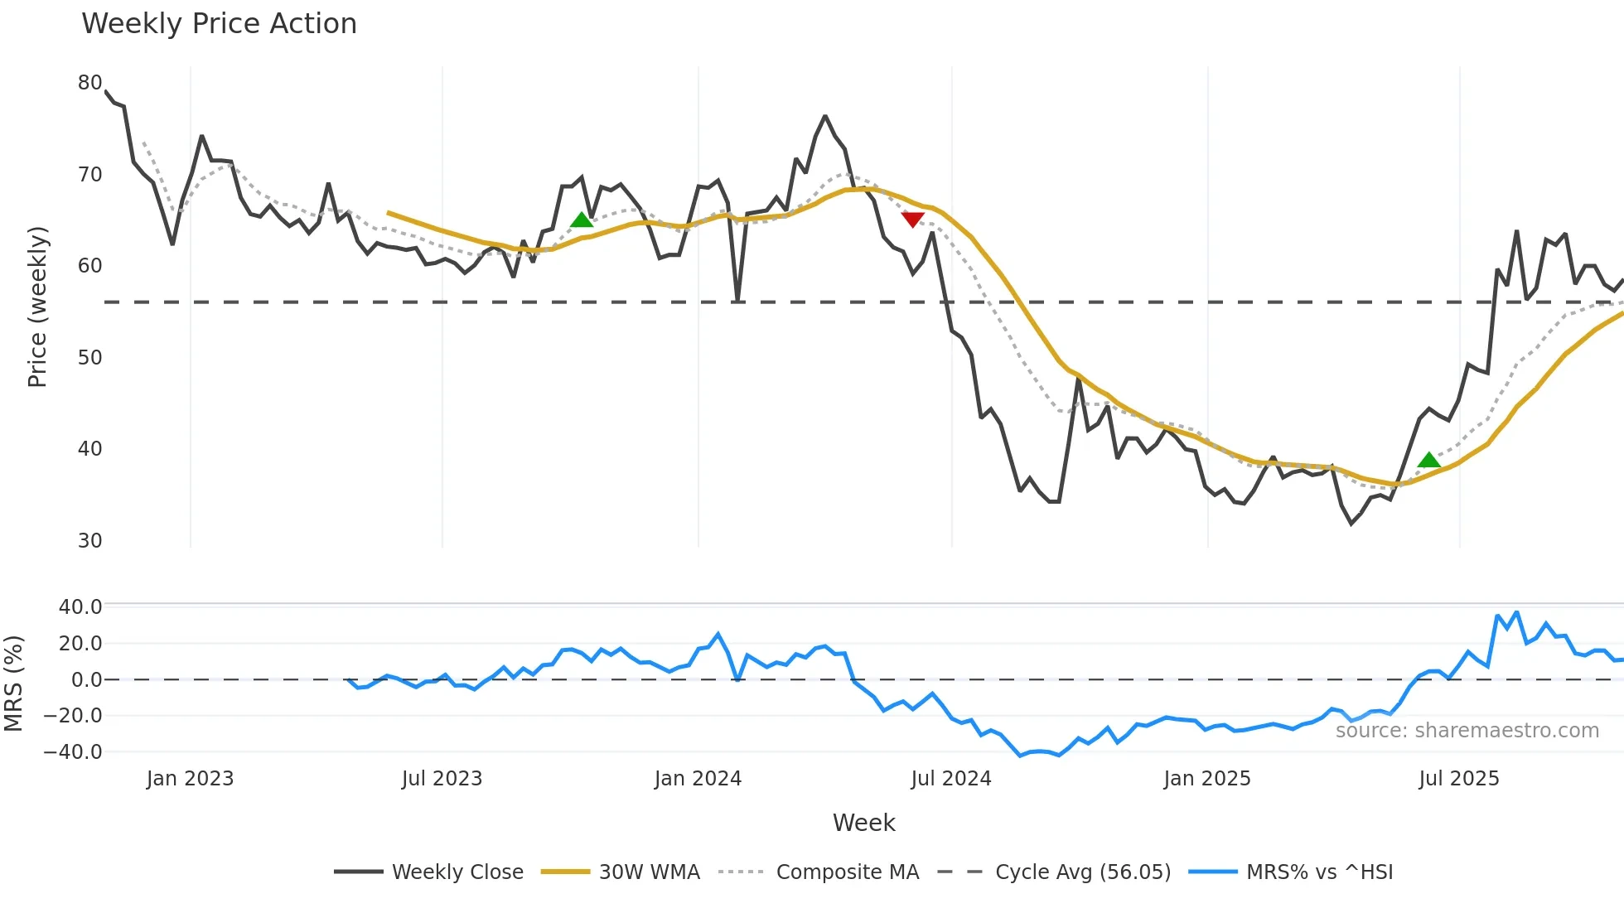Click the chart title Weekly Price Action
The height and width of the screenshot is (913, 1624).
[219, 24]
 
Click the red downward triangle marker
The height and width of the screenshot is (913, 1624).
[912, 220]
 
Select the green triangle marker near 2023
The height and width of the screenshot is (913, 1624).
[582, 220]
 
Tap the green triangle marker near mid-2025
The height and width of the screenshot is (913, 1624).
[1428, 460]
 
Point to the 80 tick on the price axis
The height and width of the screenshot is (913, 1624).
[89, 83]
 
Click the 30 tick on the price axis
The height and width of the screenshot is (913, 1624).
[89, 541]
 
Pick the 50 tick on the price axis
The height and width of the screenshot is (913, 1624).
[89, 358]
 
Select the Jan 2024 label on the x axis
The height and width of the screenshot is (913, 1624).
[698, 779]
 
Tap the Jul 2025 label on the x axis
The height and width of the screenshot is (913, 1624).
[1458, 779]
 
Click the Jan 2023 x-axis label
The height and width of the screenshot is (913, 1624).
[190, 779]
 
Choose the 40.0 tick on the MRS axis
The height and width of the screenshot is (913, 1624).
[80, 607]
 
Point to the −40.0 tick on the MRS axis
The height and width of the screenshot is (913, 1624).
[74, 752]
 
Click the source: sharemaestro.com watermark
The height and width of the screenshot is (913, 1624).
[1467, 731]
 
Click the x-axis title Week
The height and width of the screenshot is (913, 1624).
[863, 823]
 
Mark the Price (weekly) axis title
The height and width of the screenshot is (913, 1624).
[37, 307]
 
